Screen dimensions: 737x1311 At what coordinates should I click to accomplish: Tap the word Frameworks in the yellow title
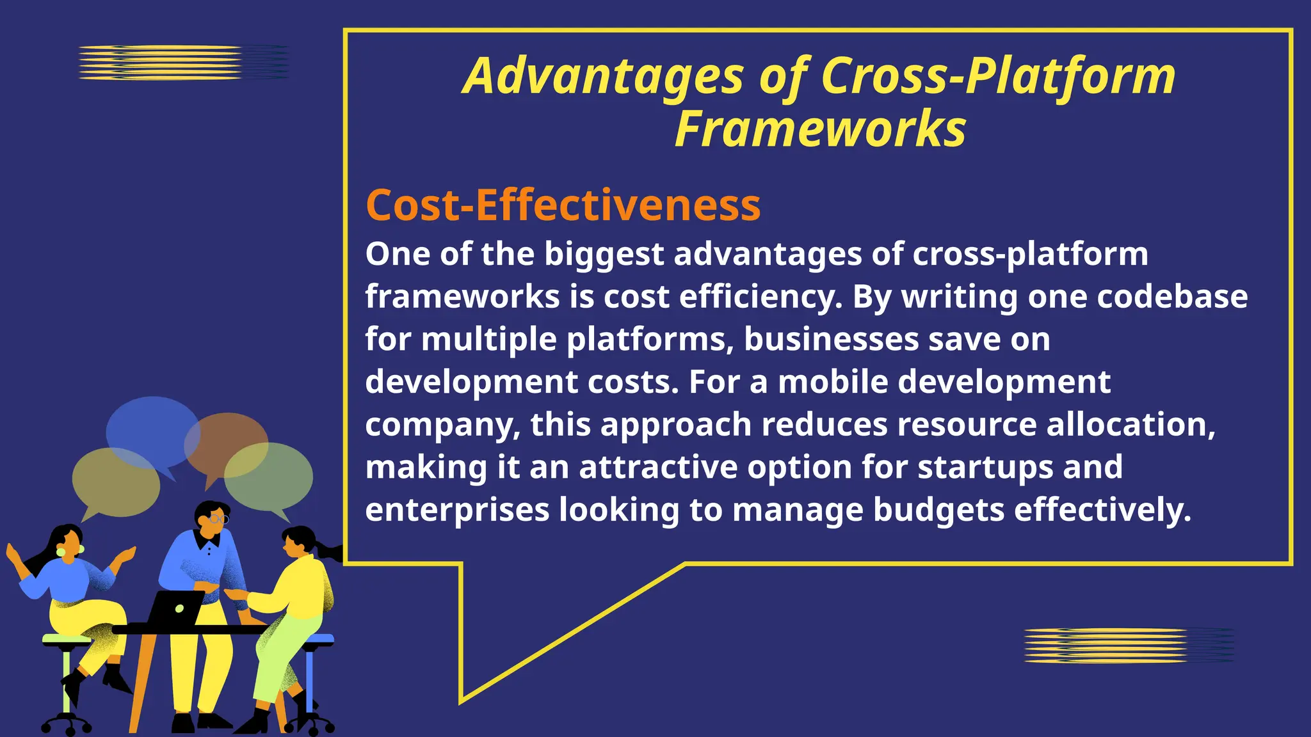(820, 130)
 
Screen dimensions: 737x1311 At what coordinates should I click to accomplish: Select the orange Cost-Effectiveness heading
(563, 205)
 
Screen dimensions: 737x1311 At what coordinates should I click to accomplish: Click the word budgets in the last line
(938, 510)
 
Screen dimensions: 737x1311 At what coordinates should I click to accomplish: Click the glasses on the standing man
(219, 518)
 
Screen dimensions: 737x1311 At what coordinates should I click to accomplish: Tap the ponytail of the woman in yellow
(330, 551)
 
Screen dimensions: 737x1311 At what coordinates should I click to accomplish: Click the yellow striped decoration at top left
(160, 63)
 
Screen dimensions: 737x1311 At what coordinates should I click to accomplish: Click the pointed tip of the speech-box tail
(462, 702)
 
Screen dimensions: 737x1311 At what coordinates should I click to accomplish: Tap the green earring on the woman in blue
(61, 552)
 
